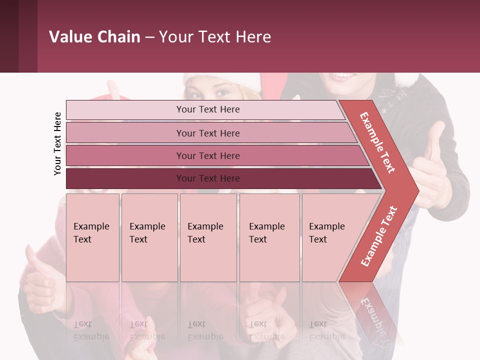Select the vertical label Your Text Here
(x=57, y=143)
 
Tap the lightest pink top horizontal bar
(x=205, y=110)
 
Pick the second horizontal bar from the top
(x=210, y=133)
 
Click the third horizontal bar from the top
(x=215, y=155)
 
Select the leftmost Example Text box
(x=92, y=237)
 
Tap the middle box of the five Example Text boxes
(x=208, y=237)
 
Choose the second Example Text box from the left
(x=149, y=237)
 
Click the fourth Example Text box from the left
(x=269, y=237)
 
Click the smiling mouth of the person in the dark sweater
(x=342, y=76)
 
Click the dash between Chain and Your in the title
(x=149, y=37)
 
